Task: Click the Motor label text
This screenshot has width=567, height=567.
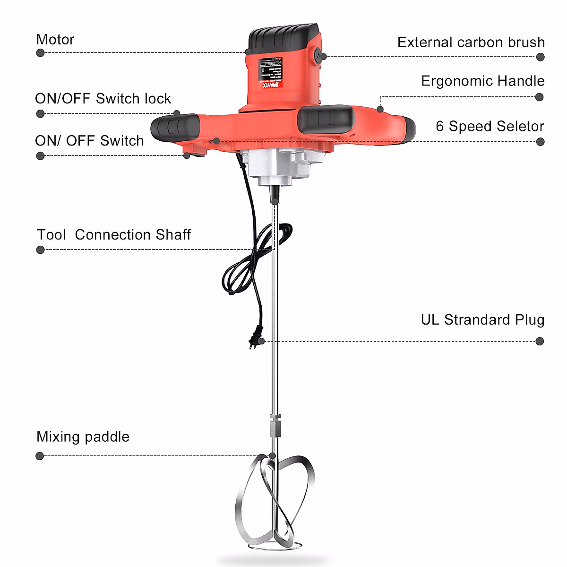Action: click(55, 40)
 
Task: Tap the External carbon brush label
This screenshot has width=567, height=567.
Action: click(471, 43)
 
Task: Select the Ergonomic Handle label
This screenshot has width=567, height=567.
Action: click(482, 81)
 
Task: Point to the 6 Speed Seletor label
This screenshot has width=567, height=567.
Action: click(490, 127)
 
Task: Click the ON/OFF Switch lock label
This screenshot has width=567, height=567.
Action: click(103, 99)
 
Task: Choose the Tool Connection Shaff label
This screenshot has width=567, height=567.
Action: click(114, 235)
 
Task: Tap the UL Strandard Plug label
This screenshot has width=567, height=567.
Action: click(482, 320)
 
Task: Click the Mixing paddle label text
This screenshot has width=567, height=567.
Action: click(83, 437)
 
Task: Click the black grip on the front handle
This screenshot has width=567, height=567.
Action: click(326, 119)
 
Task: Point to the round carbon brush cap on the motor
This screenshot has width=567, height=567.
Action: click(317, 55)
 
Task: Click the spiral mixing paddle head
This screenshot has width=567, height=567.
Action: click(274, 506)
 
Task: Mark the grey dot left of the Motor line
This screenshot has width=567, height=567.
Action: click(40, 52)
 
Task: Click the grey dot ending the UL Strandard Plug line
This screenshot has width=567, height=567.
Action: click(540, 341)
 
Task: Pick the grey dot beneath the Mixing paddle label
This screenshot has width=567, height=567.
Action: click(40, 456)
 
